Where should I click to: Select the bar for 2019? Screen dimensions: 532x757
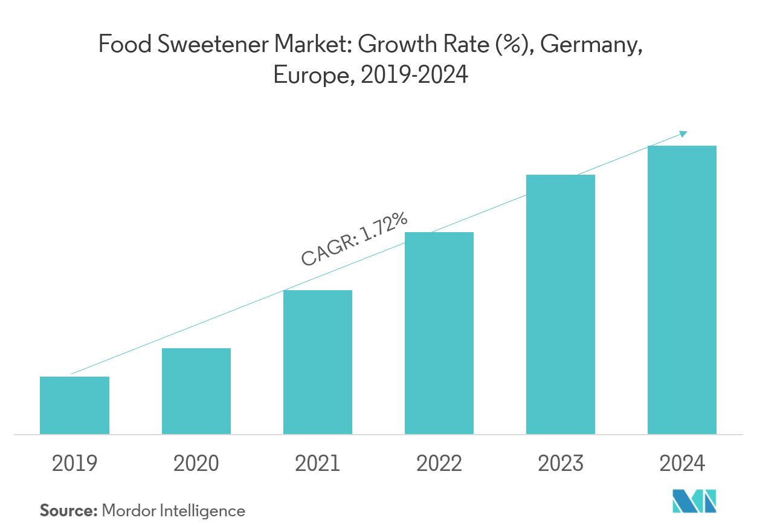coord(74,405)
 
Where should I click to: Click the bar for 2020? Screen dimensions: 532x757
coord(196,396)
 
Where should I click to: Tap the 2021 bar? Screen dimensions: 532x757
coord(318,363)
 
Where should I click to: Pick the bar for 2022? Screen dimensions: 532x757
coord(439,332)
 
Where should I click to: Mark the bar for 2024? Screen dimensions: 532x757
coord(682,290)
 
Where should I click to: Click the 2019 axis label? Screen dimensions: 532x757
coord(74,464)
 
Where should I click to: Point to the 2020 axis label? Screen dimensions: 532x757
coord(196,464)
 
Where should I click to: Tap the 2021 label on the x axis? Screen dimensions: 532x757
coord(318,464)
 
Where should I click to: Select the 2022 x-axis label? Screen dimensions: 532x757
coord(439,464)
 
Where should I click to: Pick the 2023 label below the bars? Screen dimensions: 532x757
coord(561,464)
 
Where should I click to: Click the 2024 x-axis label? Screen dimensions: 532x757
coord(682,464)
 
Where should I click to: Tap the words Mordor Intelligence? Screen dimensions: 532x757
coord(173,511)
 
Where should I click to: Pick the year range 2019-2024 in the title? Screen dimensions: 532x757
coord(414,76)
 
